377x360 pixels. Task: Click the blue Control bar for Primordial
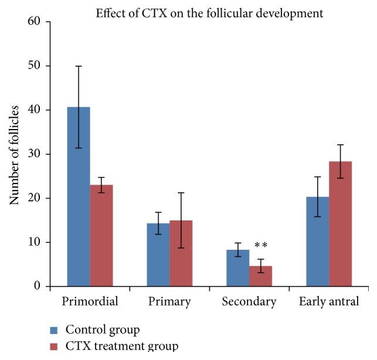(x=79, y=196)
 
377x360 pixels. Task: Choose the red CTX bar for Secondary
(x=260, y=276)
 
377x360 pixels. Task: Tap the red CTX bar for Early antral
(x=340, y=224)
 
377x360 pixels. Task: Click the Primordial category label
(x=90, y=303)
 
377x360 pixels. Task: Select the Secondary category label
(x=249, y=303)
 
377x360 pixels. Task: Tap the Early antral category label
(x=329, y=303)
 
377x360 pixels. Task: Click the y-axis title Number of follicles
(x=15, y=155)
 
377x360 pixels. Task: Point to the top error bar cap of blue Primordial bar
(x=79, y=66)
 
